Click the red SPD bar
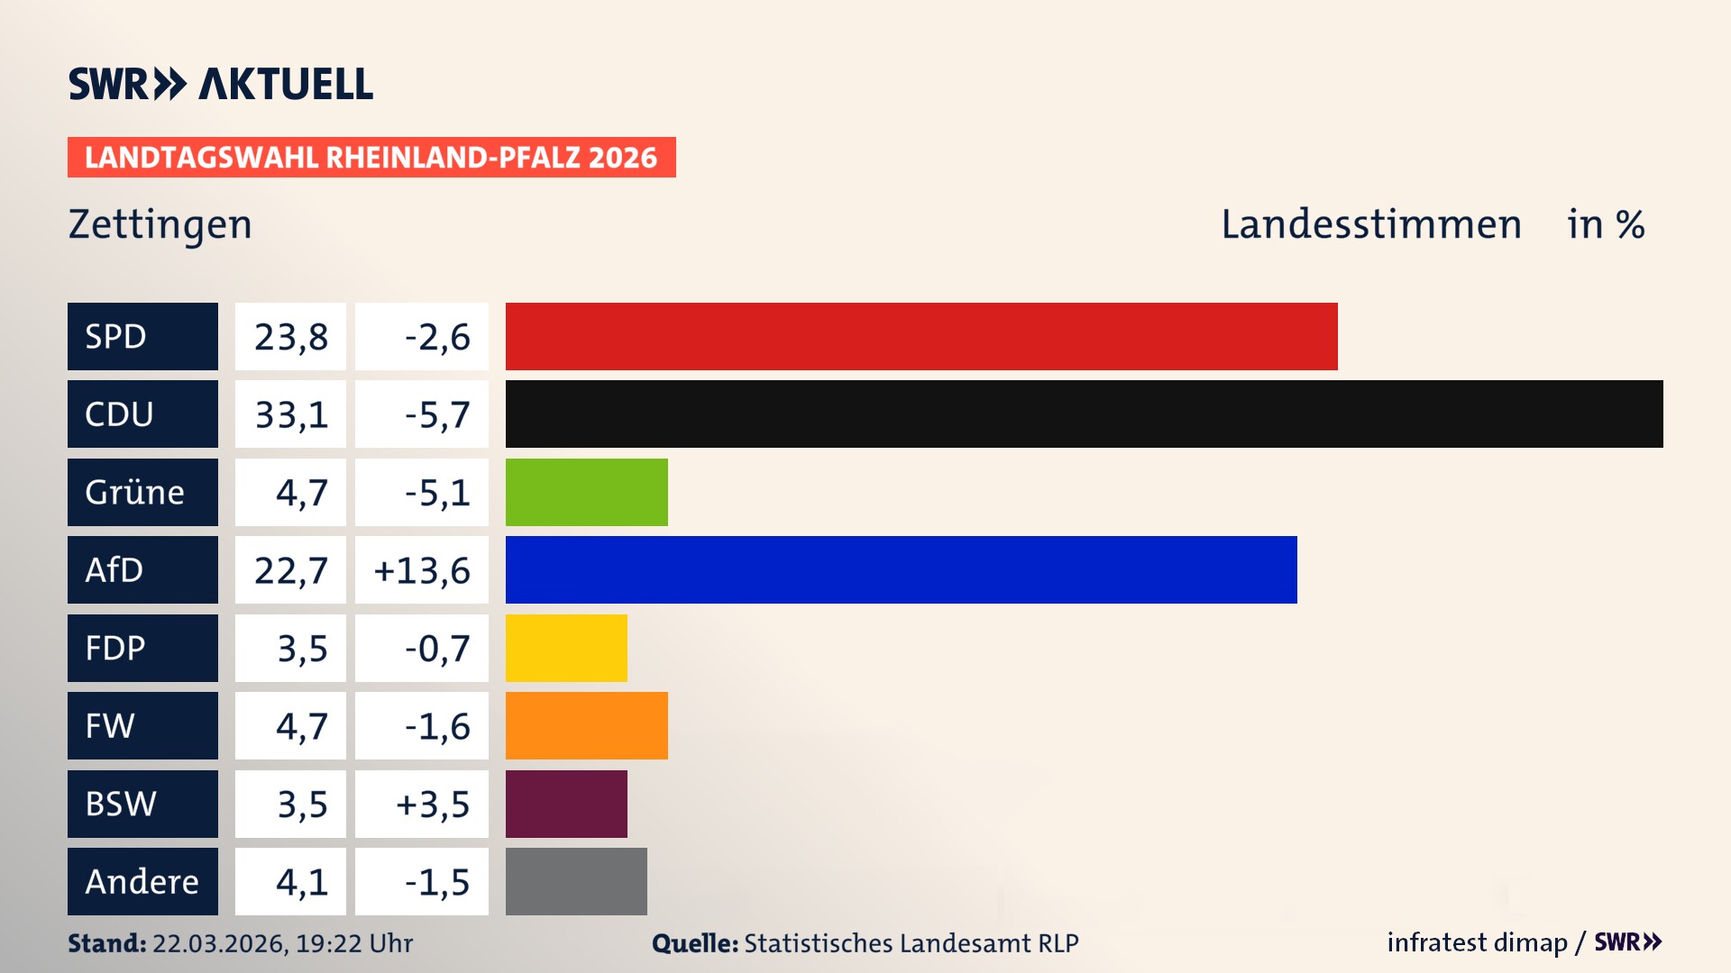coord(921,336)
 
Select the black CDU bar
coord(1084,414)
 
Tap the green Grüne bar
coord(586,492)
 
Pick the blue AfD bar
coord(901,569)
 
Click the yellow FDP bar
coord(566,648)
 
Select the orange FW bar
coord(586,725)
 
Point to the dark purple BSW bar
coord(566,804)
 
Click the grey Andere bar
coord(576,881)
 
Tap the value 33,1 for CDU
coord(291,414)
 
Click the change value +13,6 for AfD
coord(422,570)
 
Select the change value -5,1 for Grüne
coord(437,493)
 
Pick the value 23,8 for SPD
coord(291,337)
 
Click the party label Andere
coord(142,881)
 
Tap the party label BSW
coord(121,804)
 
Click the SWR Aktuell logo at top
coord(220,84)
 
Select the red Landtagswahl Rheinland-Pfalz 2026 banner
coord(371,157)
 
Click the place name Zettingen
coord(160,224)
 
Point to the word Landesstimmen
coord(1370,224)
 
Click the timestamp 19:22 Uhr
coord(353,943)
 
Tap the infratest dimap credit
coord(1476,942)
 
